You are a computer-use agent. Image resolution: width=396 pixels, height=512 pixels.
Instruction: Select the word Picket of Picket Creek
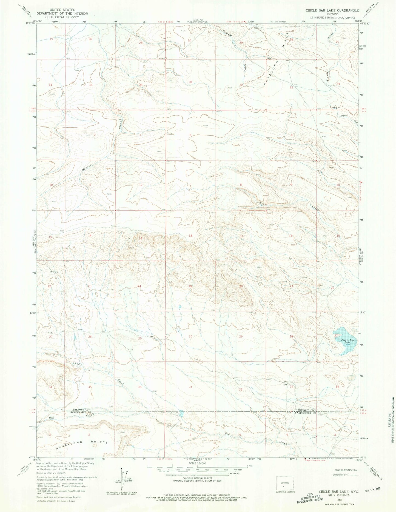(x=263, y=203)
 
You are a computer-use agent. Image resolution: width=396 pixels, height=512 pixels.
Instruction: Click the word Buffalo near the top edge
(x=227, y=34)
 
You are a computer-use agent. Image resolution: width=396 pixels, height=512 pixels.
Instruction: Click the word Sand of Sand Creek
(x=76, y=364)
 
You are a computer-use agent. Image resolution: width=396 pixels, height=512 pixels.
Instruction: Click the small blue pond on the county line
(x=181, y=413)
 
